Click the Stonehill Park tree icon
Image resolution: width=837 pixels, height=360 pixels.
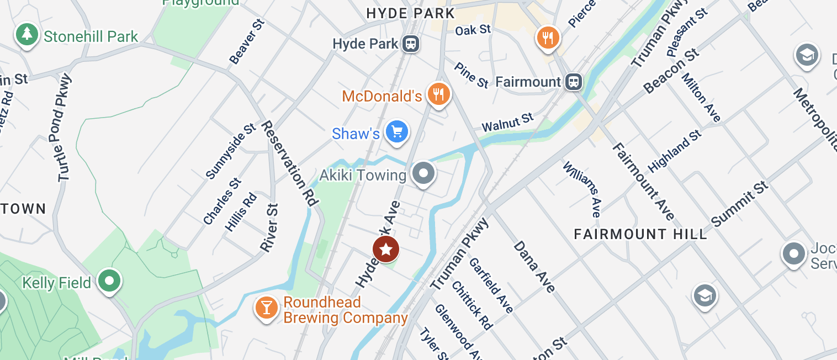point(27,35)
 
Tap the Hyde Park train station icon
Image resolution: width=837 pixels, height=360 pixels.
point(410,43)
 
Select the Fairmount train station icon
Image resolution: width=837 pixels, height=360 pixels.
point(574,82)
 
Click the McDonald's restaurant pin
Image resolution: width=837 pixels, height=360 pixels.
point(438,94)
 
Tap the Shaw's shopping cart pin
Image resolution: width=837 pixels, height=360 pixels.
point(396,132)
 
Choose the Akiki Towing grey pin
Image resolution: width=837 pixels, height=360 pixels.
point(423,174)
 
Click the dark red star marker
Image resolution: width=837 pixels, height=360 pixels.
point(386,250)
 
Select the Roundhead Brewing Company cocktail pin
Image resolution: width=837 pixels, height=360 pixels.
point(266,308)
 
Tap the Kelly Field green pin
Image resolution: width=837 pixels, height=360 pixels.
point(109,281)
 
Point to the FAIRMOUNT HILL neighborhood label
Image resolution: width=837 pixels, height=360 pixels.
point(640,234)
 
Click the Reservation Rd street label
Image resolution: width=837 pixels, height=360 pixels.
point(290,163)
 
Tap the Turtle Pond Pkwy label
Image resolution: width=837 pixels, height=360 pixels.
point(65,128)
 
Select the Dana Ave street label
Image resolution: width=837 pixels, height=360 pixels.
point(534,267)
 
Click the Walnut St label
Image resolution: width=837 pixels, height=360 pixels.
point(507,123)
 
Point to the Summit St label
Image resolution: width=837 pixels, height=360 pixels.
point(740,204)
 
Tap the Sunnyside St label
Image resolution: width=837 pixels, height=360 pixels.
point(230,151)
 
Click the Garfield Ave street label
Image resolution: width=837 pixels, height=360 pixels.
point(491,284)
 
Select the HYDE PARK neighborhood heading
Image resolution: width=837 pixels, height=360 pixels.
point(411,14)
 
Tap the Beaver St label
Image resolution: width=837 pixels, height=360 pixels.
point(247,41)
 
